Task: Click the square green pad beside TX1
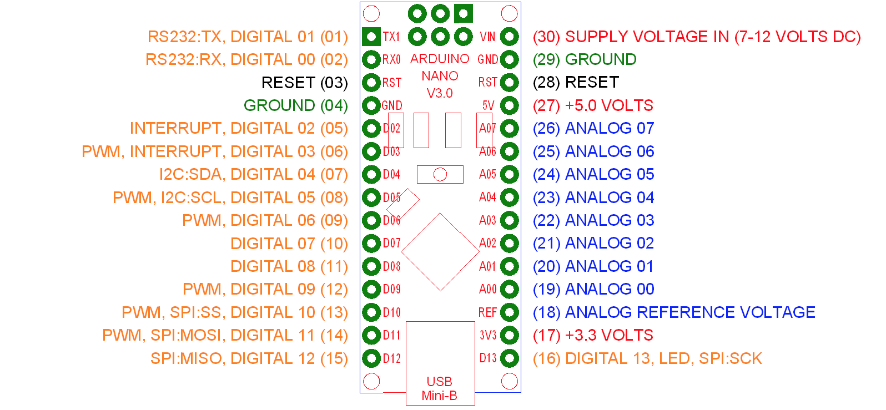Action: click(371, 37)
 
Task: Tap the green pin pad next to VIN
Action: click(510, 37)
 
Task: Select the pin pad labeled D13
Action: click(510, 358)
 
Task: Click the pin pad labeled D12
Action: click(371, 358)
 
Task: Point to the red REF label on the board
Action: click(487, 312)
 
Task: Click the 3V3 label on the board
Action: click(488, 335)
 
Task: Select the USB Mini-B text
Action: click(439, 388)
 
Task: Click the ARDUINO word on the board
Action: click(440, 59)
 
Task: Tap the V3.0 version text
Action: click(440, 93)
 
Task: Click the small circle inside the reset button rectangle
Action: click(440, 174)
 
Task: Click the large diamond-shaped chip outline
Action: click(440, 252)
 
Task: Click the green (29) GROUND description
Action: click(585, 59)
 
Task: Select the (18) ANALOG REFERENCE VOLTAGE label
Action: click(674, 312)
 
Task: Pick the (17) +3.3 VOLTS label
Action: click(593, 335)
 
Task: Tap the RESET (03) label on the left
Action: click(304, 83)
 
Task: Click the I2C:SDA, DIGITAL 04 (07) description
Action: click(253, 174)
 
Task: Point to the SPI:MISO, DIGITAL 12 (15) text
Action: click(249, 358)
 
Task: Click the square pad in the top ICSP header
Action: click(463, 13)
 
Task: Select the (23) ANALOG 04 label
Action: click(593, 198)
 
